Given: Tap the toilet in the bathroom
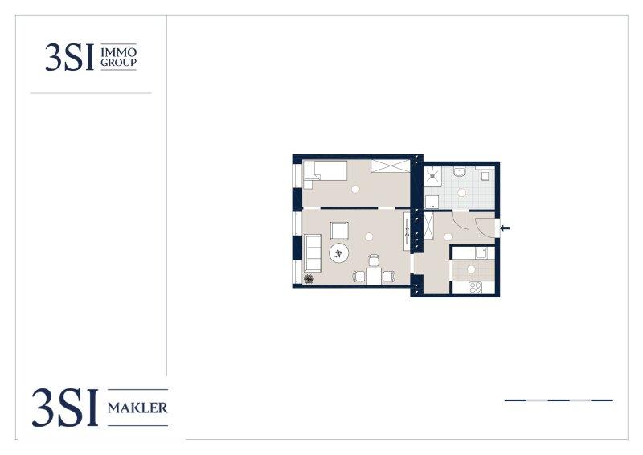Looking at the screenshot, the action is point(485,174).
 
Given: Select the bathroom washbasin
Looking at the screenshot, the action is point(461,171).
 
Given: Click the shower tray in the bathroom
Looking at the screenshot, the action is point(432,175).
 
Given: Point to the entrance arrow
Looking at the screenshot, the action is point(506,227).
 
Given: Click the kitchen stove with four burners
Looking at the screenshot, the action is point(476,287).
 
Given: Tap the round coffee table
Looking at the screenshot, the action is point(339,253).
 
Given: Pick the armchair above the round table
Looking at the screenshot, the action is point(339,230).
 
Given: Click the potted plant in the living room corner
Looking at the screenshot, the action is point(309,279).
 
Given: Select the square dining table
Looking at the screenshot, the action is point(374,276).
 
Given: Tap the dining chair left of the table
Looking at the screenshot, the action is point(358,276).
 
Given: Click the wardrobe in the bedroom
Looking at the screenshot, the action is point(391,166).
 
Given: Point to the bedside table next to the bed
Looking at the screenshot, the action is point(308,184).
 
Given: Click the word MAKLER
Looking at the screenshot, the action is point(137,408).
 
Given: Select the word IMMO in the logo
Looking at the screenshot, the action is point(118,52).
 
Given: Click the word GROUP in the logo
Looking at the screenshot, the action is point(118,63).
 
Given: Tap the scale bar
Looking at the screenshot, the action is point(559,400).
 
